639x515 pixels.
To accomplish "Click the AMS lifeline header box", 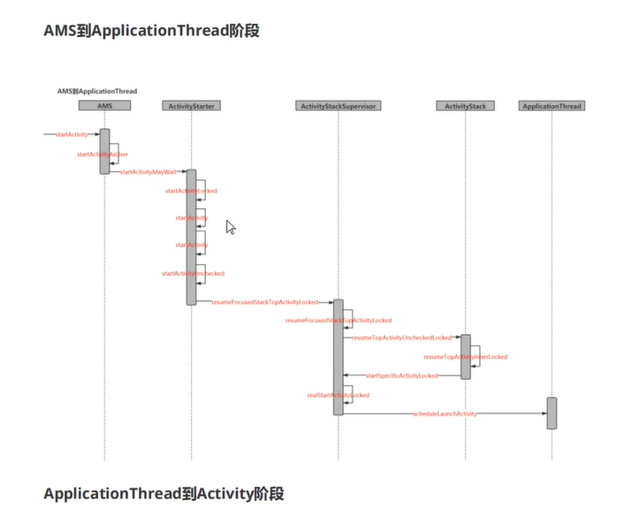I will pos(104,106).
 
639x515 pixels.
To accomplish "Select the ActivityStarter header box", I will pos(190,106).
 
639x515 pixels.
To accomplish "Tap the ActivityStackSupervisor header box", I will pos(338,106).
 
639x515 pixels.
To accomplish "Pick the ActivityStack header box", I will pos(465,106).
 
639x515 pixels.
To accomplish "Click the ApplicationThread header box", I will pos(552,106).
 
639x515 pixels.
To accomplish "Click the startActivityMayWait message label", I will pos(148,171).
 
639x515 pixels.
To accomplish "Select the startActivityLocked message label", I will pos(191,191).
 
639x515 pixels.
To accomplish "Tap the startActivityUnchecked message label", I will pos(193,274).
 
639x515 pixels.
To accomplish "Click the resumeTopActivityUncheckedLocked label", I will pos(402,337).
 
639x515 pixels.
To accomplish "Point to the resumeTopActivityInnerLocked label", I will pos(466,357).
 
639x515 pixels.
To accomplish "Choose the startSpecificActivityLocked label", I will pos(401,375).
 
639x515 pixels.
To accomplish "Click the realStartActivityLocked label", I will pos(339,396).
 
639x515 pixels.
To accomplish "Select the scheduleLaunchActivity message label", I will pos(445,413).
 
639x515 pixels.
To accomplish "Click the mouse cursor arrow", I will pos(231,227).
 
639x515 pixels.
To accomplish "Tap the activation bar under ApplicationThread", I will pos(552,413).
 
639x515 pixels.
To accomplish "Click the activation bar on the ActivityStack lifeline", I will pos(465,356).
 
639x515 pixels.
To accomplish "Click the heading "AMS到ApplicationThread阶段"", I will pos(151,30).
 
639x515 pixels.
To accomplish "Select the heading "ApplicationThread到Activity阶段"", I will pos(164,493).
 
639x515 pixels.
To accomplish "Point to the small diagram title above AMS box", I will pos(97,91).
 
